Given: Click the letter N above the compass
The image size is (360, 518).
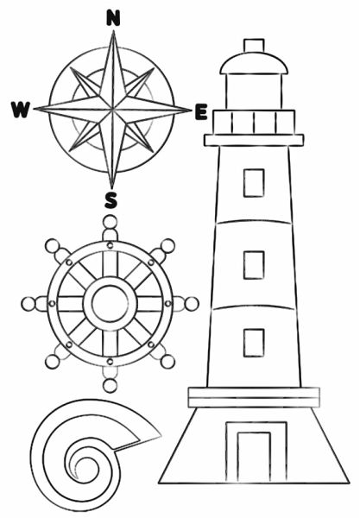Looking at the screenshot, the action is (113, 18).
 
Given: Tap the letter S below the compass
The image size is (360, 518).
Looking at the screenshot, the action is (111, 200).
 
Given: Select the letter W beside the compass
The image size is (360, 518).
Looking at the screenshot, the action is (21, 110).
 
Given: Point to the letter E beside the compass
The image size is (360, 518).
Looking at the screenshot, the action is (201, 111).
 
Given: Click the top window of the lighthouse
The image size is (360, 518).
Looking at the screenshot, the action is (254, 183).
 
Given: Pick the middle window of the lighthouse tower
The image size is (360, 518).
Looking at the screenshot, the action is (254, 265).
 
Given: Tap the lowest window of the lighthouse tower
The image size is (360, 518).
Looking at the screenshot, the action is (254, 343).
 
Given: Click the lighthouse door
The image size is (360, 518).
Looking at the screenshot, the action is (254, 457).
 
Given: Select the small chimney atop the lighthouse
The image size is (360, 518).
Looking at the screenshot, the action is (254, 45).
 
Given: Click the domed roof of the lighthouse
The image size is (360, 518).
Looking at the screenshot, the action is (254, 63).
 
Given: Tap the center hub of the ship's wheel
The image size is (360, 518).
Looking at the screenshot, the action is (110, 304).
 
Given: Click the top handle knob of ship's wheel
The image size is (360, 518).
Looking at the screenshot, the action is (110, 222).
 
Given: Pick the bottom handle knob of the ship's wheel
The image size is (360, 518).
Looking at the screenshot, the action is (110, 386).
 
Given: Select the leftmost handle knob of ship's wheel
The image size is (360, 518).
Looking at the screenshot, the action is (28, 304).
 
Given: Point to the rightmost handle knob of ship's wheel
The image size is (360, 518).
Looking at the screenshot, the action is (192, 304).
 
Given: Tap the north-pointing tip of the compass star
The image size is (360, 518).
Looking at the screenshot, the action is (114, 31).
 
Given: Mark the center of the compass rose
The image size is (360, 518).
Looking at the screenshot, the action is (112, 109).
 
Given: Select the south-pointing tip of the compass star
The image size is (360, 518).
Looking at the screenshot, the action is (111, 189).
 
